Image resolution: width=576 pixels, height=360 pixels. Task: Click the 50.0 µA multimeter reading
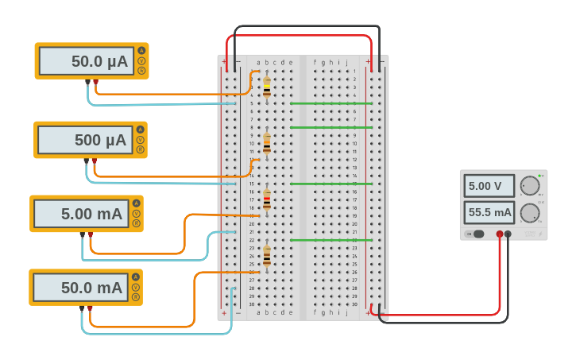point(87,61)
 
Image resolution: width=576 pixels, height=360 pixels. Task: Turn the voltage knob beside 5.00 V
point(530,186)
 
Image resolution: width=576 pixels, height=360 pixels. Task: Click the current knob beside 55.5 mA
point(530,213)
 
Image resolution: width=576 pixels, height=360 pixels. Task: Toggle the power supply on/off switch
point(476,234)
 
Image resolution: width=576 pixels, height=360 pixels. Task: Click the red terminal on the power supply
point(500,234)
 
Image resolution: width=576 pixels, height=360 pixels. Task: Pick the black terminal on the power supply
point(508,234)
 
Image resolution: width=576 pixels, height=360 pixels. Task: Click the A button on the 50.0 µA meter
point(141,51)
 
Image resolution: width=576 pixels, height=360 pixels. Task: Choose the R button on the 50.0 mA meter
point(136,297)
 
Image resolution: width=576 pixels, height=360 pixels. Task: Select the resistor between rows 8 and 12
point(267,143)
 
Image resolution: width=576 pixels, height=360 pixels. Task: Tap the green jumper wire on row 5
point(331,103)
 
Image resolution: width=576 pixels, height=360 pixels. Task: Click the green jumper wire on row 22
point(331,240)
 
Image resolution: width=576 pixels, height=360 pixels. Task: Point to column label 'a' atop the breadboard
point(258,62)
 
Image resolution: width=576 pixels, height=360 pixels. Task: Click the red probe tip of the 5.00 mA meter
point(90,234)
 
